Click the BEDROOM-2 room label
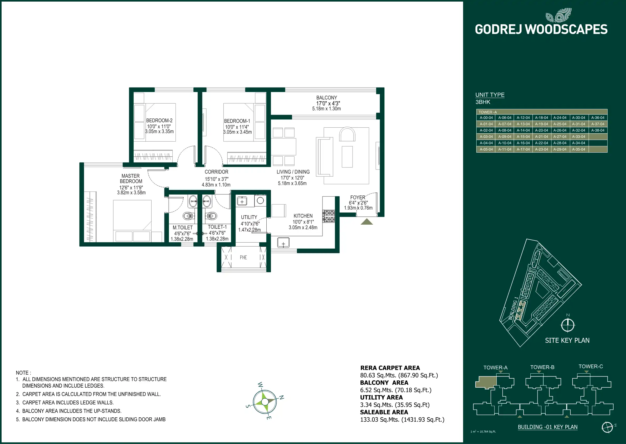159,120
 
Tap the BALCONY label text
326,98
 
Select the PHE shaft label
243,257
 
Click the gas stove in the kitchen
329,216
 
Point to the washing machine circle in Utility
260,201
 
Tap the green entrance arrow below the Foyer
366,222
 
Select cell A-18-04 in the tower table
541,118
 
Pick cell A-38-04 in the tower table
598,131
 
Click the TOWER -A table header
487,112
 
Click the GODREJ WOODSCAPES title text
541,30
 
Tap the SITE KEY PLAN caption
567,340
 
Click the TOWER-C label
590,366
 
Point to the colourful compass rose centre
265,402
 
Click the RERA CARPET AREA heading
390,368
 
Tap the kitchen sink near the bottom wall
283,243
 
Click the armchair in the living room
347,134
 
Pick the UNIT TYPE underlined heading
490,95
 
